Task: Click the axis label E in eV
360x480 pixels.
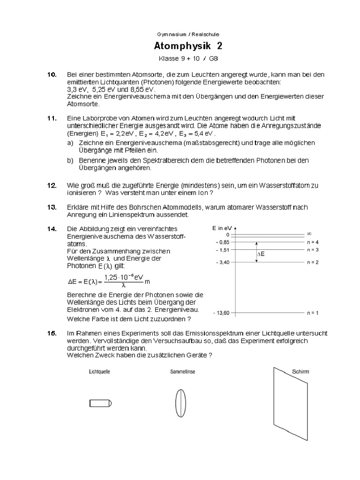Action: click(222, 227)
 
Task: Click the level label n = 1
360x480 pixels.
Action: click(313, 312)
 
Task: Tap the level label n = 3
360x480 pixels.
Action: click(313, 250)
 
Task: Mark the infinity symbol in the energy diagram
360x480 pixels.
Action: click(309, 234)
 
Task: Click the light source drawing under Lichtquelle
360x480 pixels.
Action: click(100, 403)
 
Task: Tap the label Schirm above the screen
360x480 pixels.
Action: click(300, 372)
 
